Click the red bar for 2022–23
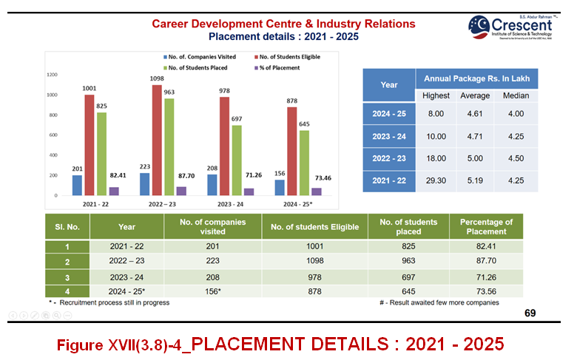click(x=157, y=140)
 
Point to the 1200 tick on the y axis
click(x=53, y=75)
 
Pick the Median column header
click(x=516, y=96)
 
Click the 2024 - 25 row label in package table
click(x=388, y=113)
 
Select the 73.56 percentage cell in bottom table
click(x=486, y=291)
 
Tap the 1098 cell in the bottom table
click(x=314, y=262)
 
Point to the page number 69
click(x=530, y=313)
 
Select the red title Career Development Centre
click(x=283, y=24)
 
